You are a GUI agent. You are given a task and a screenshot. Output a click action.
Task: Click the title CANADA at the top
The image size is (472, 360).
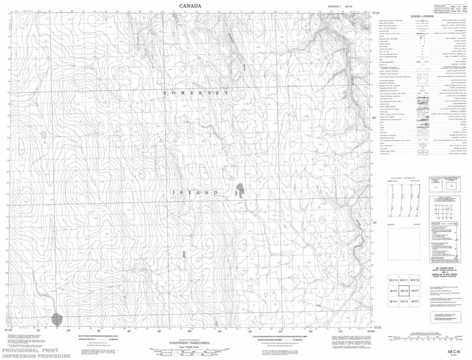pyautogui.click(x=190, y=6)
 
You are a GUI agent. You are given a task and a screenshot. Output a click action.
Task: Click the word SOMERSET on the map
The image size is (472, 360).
pyautogui.click(x=195, y=94)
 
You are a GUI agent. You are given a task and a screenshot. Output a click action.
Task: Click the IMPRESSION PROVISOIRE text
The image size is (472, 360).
pyautogui.click(x=35, y=356)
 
